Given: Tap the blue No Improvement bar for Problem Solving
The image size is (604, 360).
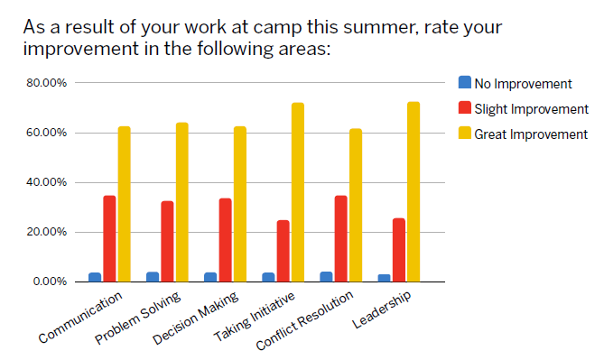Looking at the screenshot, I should [153, 276].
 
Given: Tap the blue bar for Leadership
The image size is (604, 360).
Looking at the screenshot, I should [385, 277].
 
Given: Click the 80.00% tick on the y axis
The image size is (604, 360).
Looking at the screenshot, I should [46, 84].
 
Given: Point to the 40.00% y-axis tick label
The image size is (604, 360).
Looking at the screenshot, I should [46, 182].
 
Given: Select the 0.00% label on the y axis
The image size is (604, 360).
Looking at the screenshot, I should [49, 282].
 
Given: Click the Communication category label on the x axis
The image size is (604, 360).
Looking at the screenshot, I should [81, 318].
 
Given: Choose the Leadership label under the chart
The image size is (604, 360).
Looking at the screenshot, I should [382, 311].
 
